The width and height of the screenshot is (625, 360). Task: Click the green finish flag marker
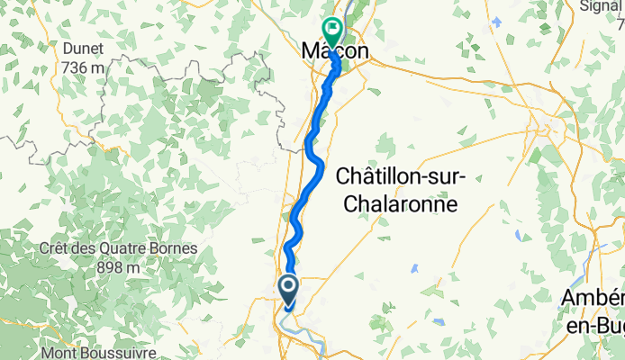tap(331, 32)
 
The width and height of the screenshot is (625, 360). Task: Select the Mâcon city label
tap(334, 53)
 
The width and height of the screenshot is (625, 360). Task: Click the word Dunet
tap(82, 49)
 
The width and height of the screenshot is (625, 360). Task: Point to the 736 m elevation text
tap(82, 67)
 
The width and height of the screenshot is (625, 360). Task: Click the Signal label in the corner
tap(602, 7)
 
